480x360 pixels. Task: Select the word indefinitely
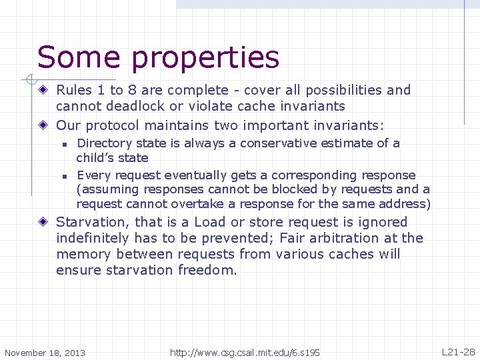pyautogui.click(x=93, y=238)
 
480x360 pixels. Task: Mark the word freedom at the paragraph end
pyautogui.click(x=207, y=270)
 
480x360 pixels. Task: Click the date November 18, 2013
pyautogui.click(x=45, y=353)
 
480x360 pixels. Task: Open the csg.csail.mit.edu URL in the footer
pyautogui.click(x=245, y=352)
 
